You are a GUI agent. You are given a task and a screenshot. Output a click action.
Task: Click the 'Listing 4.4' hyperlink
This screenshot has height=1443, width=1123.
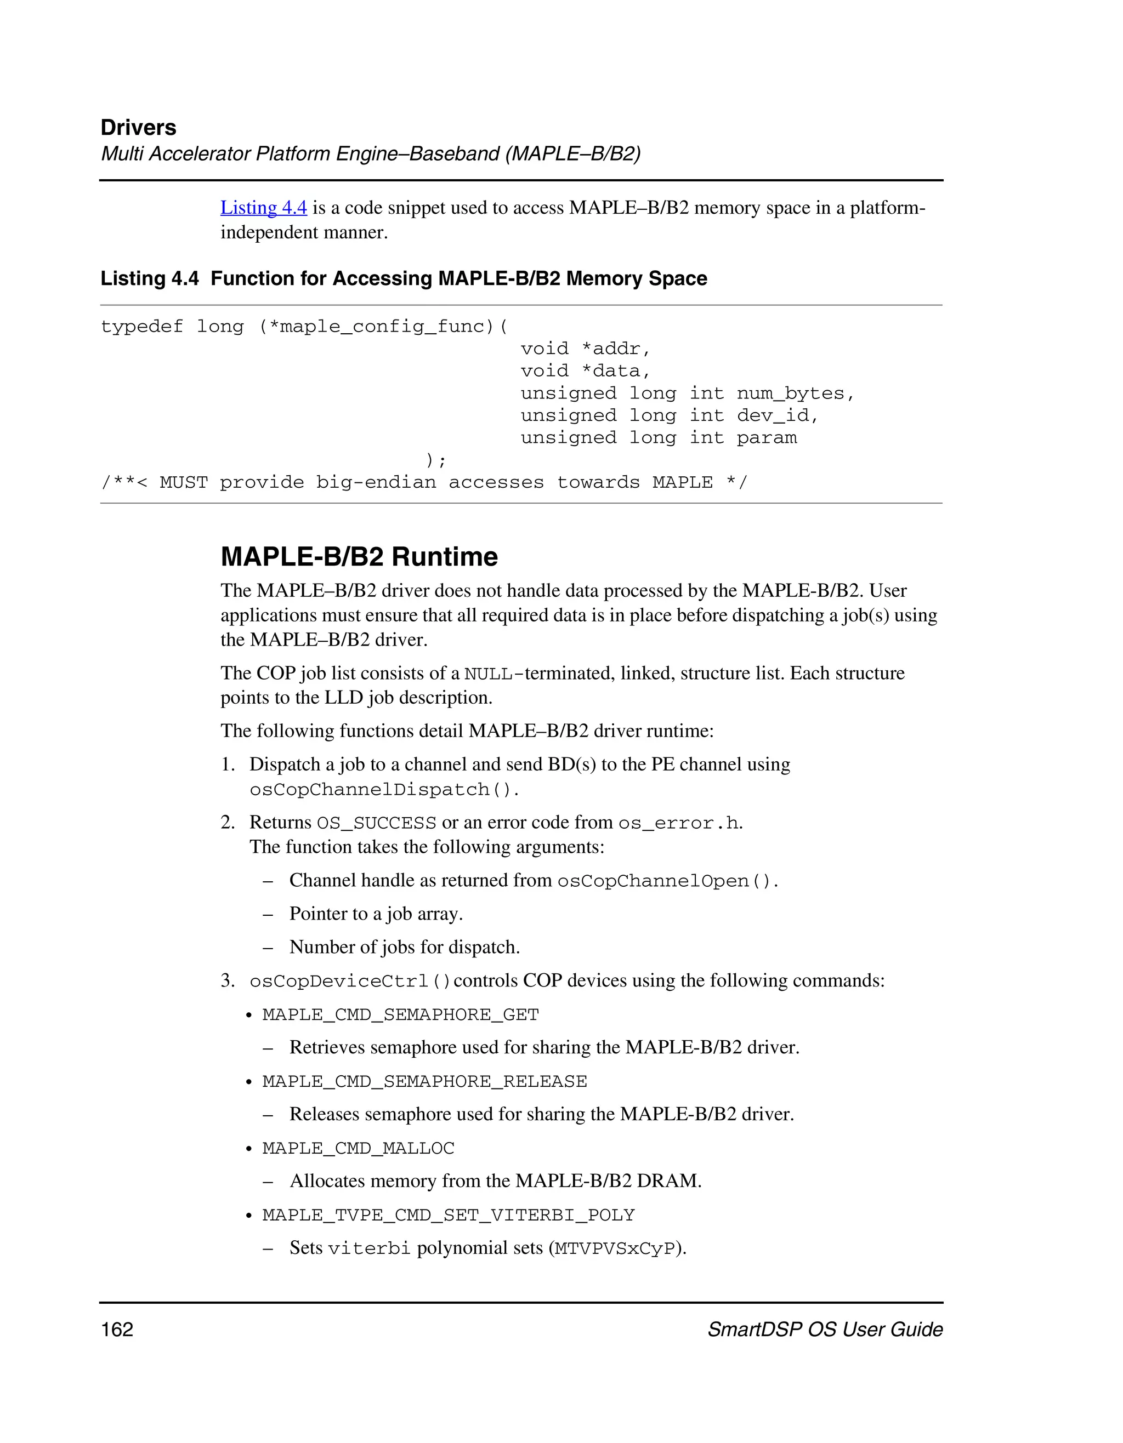(263, 208)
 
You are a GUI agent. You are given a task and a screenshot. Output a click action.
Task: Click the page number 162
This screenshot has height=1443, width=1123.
(117, 1330)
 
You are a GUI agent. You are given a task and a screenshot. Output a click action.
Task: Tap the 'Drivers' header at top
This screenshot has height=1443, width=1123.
(138, 128)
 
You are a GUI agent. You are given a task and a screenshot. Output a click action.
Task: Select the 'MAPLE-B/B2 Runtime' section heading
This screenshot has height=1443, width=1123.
(359, 557)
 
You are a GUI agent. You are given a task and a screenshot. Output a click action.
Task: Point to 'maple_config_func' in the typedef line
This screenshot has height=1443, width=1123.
(382, 327)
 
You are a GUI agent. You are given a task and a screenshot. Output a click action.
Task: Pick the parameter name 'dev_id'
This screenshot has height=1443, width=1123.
(772, 415)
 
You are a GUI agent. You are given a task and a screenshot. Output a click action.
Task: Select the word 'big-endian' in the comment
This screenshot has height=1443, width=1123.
(376, 482)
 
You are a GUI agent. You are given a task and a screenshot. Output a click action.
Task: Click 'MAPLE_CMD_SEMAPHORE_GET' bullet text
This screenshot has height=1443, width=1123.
(400, 1015)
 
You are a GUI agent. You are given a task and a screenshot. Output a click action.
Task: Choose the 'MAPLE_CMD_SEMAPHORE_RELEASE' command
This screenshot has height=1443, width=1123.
(424, 1082)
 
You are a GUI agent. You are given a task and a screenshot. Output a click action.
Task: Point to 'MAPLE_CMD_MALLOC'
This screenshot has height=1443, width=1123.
(358, 1148)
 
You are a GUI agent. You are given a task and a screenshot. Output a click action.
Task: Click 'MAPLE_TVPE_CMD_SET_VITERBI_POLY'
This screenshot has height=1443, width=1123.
(448, 1215)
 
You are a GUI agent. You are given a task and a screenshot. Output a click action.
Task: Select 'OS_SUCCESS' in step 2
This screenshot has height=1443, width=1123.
(376, 823)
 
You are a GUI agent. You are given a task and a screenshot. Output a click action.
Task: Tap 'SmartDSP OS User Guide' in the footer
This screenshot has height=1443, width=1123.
(824, 1330)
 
